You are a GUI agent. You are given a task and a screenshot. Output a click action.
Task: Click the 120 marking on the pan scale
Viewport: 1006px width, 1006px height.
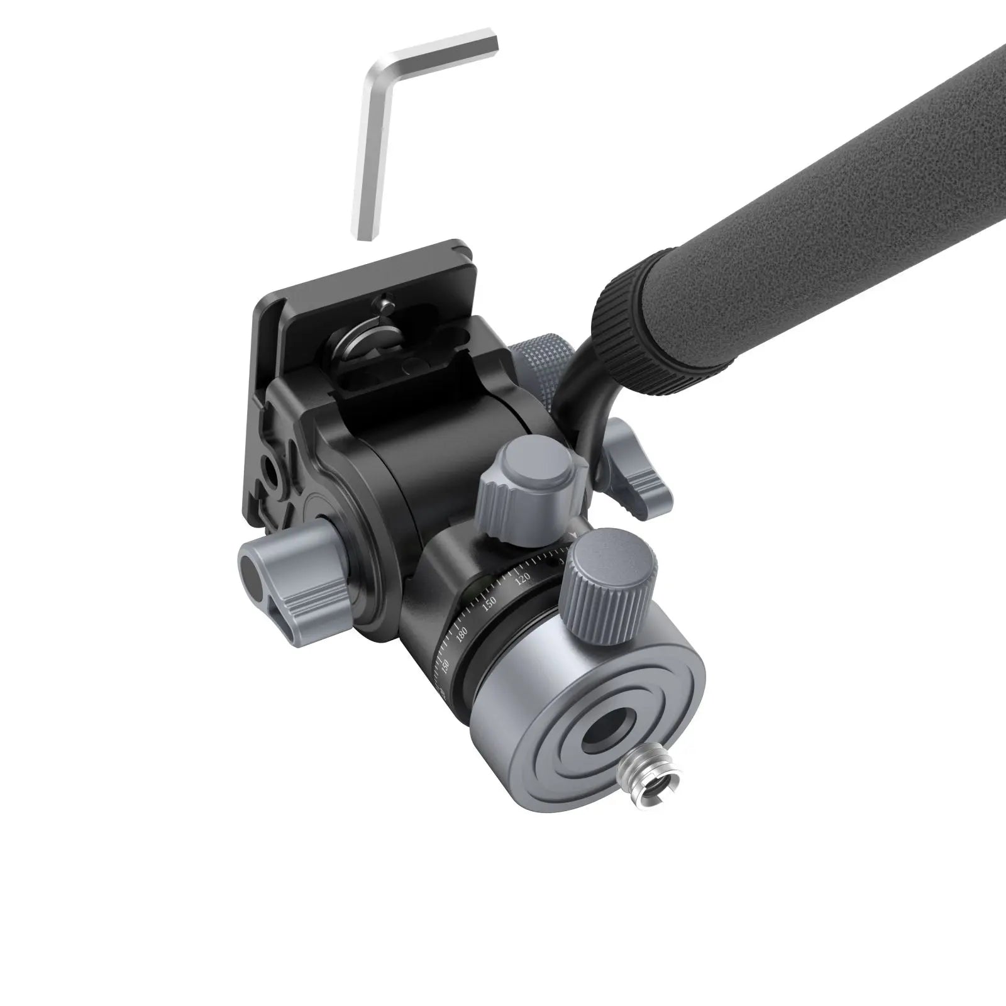(x=522, y=578)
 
